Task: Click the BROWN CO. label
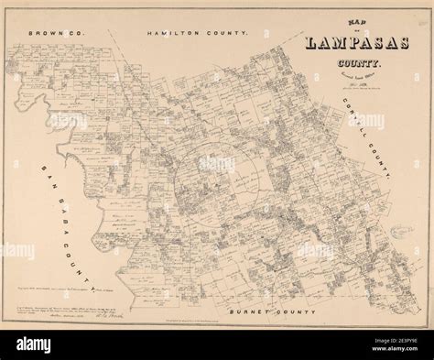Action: point(56,32)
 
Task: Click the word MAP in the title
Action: point(321,26)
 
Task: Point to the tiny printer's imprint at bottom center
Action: point(217,315)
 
